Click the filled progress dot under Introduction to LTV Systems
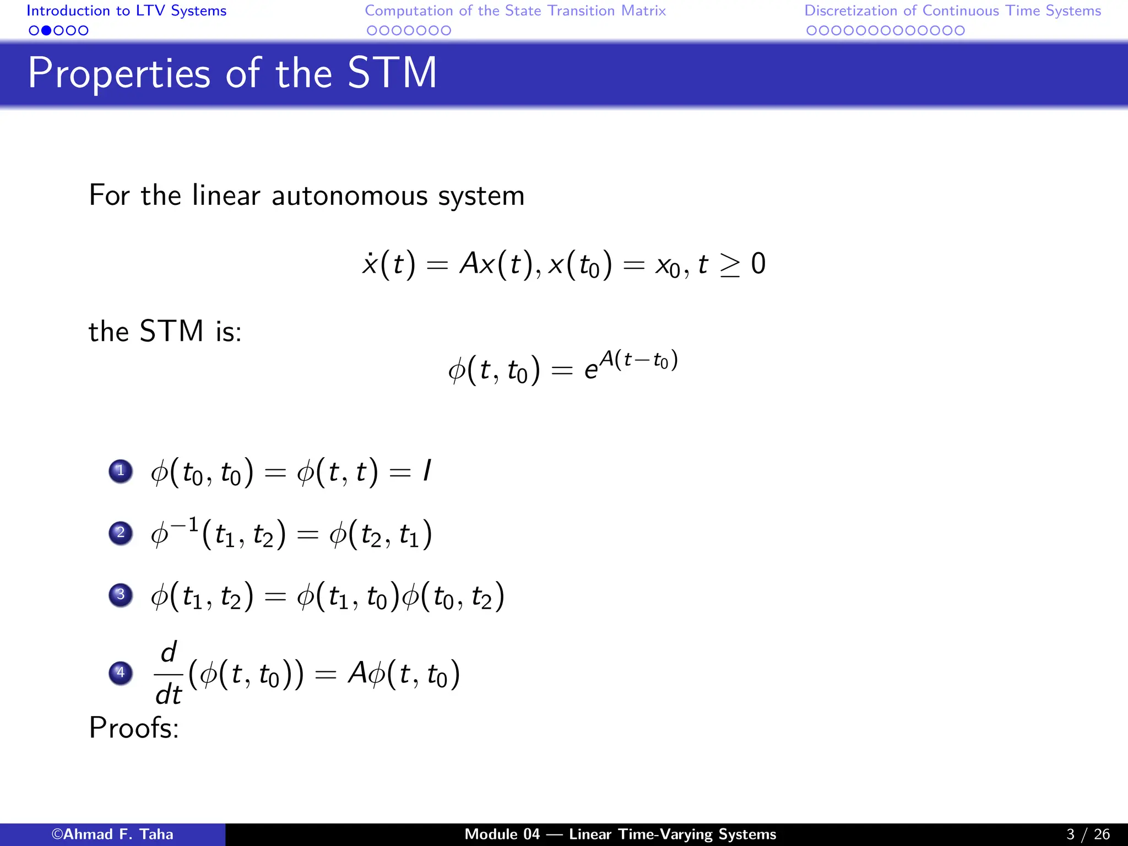(x=46, y=31)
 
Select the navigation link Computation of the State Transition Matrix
(x=515, y=11)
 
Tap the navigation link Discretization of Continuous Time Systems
(x=952, y=11)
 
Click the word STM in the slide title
(x=392, y=73)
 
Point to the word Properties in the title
(x=119, y=74)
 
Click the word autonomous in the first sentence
(x=350, y=196)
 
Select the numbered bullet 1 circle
(x=121, y=471)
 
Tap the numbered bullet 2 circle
(x=121, y=533)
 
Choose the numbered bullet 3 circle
(x=121, y=595)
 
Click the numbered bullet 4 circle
(x=121, y=673)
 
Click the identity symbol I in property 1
(x=426, y=471)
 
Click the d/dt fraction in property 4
(x=169, y=673)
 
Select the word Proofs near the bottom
(x=134, y=728)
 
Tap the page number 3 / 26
(x=1088, y=834)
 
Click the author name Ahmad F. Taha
(x=112, y=834)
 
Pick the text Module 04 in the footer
(x=502, y=834)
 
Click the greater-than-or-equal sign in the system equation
(x=730, y=265)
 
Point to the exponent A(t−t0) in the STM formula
(x=638, y=361)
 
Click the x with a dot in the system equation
(x=370, y=264)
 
